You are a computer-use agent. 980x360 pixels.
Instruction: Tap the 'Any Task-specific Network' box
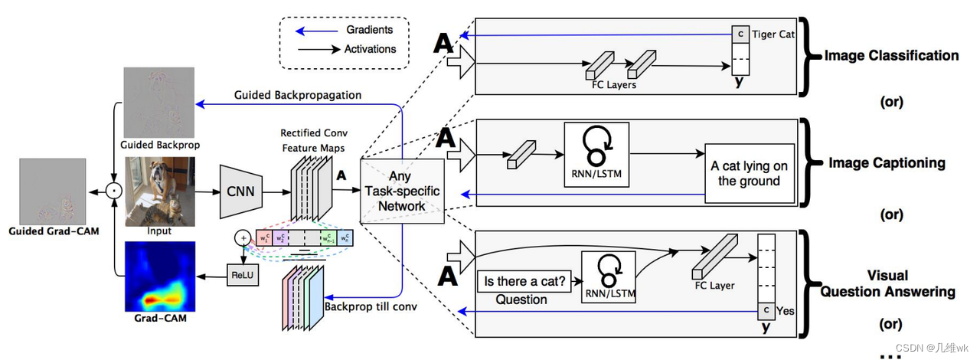point(403,191)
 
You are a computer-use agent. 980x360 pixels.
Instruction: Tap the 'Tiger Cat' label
point(773,35)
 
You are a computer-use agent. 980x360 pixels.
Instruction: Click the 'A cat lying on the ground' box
point(749,173)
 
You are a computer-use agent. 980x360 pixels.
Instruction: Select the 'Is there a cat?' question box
point(524,282)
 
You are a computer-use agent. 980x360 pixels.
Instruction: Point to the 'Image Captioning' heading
point(887,163)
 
